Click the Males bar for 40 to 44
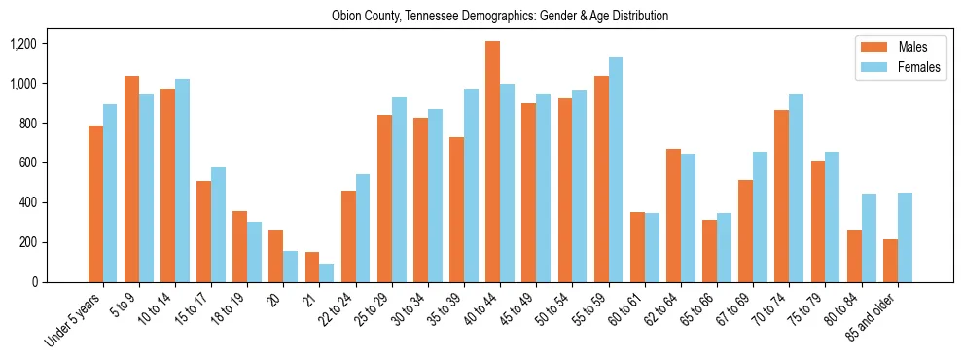click(x=493, y=162)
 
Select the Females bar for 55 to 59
click(x=616, y=169)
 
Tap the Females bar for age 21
click(x=327, y=272)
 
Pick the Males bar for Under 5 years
click(x=95, y=203)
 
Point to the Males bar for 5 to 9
click(x=131, y=179)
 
